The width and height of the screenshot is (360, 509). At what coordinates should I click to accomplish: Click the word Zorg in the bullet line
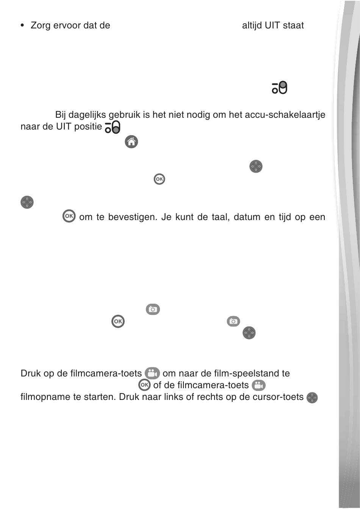[40, 25]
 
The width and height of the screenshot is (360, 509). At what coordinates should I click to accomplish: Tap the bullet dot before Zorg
[22, 25]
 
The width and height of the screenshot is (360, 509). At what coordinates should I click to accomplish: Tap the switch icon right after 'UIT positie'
[113, 127]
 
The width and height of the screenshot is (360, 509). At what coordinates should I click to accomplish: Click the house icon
[131, 142]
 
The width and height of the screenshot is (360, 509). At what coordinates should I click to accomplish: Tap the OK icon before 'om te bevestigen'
[69, 216]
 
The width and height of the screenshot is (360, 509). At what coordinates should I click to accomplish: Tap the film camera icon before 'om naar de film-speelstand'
[152, 373]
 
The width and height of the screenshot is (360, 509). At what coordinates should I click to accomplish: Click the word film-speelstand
[246, 373]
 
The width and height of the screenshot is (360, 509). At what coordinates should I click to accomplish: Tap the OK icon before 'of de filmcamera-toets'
[144, 385]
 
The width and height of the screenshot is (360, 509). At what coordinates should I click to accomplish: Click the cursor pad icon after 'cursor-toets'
[312, 398]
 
